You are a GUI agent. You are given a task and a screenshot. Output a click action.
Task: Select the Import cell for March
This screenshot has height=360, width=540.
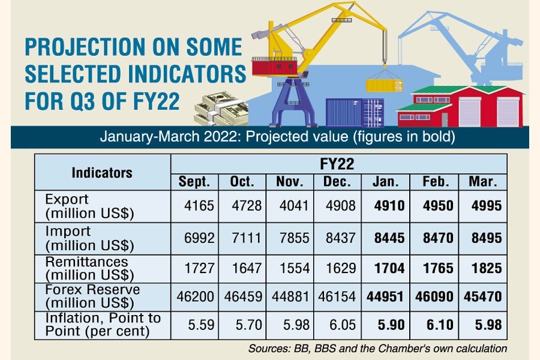click(x=485, y=238)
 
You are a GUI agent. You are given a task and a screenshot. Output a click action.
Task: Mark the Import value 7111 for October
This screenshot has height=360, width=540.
click(x=245, y=238)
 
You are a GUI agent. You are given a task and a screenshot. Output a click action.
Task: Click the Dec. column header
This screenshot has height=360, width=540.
click(x=340, y=182)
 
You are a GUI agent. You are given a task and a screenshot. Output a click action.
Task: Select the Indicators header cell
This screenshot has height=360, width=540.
click(x=102, y=173)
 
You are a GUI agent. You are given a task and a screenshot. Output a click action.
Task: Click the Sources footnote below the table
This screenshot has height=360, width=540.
click(x=377, y=349)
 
